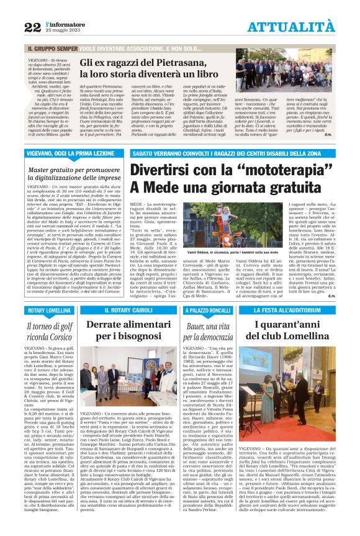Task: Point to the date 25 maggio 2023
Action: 61,30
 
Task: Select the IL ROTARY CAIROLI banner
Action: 128,309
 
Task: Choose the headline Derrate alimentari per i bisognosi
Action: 128,330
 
